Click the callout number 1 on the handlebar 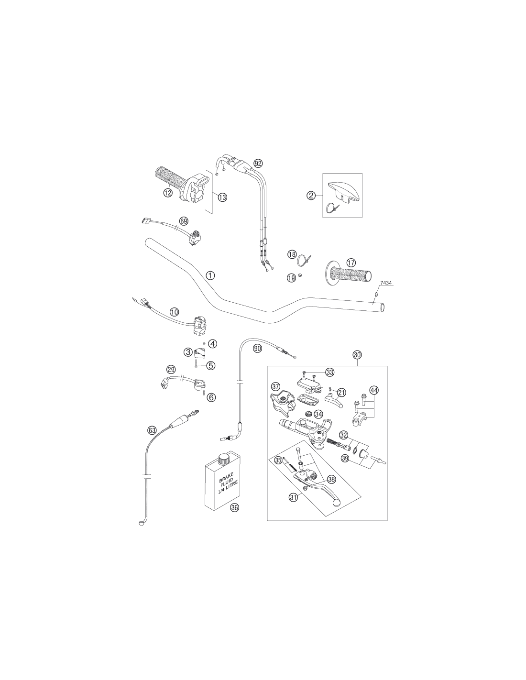click(x=210, y=275)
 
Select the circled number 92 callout click(x=258, y=163)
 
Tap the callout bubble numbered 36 click(x=234, y=507)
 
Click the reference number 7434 click(x=386, y=283)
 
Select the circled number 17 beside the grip click(x=351, y=263)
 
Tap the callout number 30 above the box click(x=357, y=355)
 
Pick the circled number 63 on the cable click(x=152, y=430)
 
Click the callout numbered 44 click(x=373, y=390)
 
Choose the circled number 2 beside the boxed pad click(x=311, y=196)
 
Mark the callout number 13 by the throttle click(x=222, y=197)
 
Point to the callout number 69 click(x=184, y=221)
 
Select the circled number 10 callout click(x=174, y=312)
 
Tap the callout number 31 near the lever click(x=293, y=497)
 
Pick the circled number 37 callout click(x=275, y=386)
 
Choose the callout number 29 click(x=171, y=370)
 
